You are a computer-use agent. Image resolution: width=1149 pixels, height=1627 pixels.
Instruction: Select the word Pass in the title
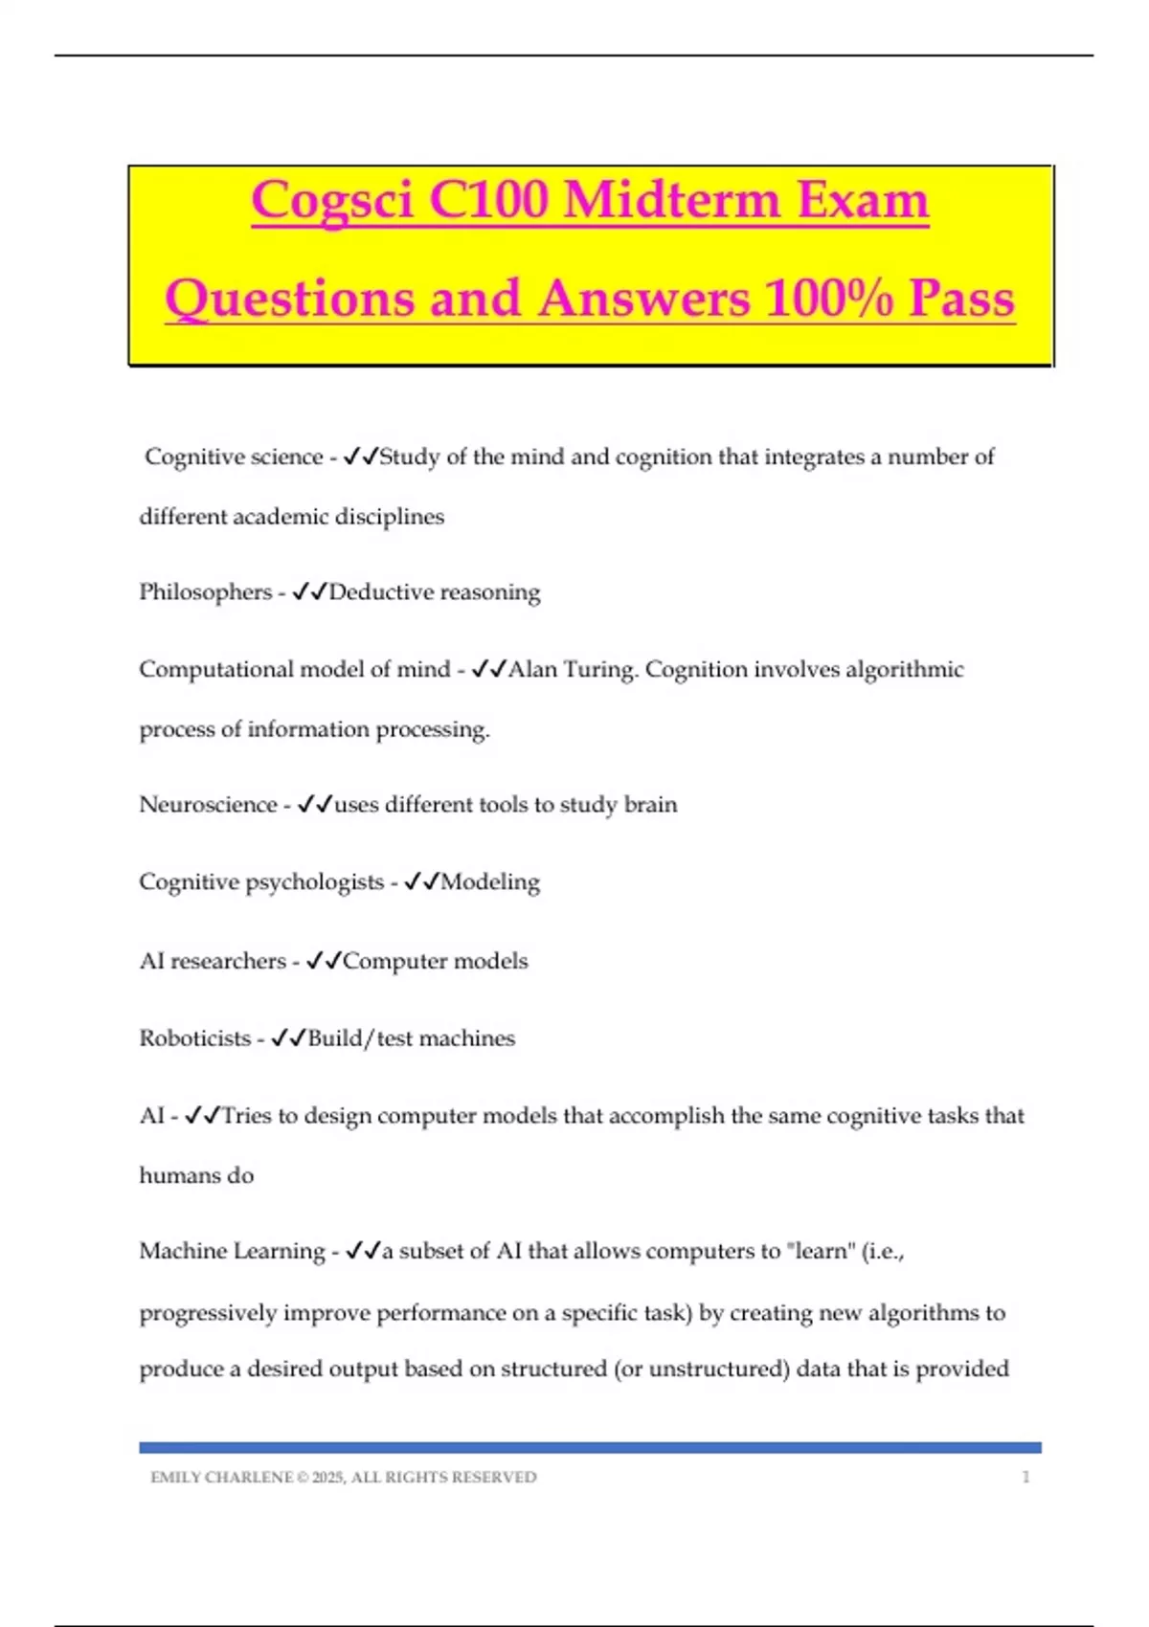point(961,299)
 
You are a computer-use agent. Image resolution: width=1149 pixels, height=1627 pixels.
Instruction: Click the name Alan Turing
point(573,669)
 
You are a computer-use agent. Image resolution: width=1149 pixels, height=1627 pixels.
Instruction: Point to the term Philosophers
point(205,592)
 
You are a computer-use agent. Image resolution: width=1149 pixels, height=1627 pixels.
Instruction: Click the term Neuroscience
point(208,805)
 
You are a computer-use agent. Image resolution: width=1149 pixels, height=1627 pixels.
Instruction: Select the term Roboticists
point(194,1038)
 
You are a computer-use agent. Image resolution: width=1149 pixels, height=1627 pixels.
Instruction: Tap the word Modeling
point(489,881)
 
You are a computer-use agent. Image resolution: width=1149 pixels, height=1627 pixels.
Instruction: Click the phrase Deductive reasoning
point(434,592)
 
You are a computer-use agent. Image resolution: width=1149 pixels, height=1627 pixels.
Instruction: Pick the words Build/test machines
point(411,1038)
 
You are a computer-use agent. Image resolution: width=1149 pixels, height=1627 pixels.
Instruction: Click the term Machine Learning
point(232,1251)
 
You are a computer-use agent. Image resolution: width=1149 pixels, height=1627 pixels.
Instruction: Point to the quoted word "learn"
point(824,1251)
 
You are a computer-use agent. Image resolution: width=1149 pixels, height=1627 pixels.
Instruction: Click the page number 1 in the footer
point(1025,1477)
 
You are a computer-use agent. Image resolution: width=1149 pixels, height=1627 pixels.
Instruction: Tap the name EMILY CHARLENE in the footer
point(221,1478)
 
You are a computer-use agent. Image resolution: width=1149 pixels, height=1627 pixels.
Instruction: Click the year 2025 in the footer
point(327,1478)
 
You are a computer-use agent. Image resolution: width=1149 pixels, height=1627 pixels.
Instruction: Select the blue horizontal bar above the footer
point(590,1448)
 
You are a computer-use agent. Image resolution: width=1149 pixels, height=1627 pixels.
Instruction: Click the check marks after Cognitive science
point(360,457)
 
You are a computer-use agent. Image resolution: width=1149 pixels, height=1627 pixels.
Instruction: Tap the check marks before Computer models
point(324,961)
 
